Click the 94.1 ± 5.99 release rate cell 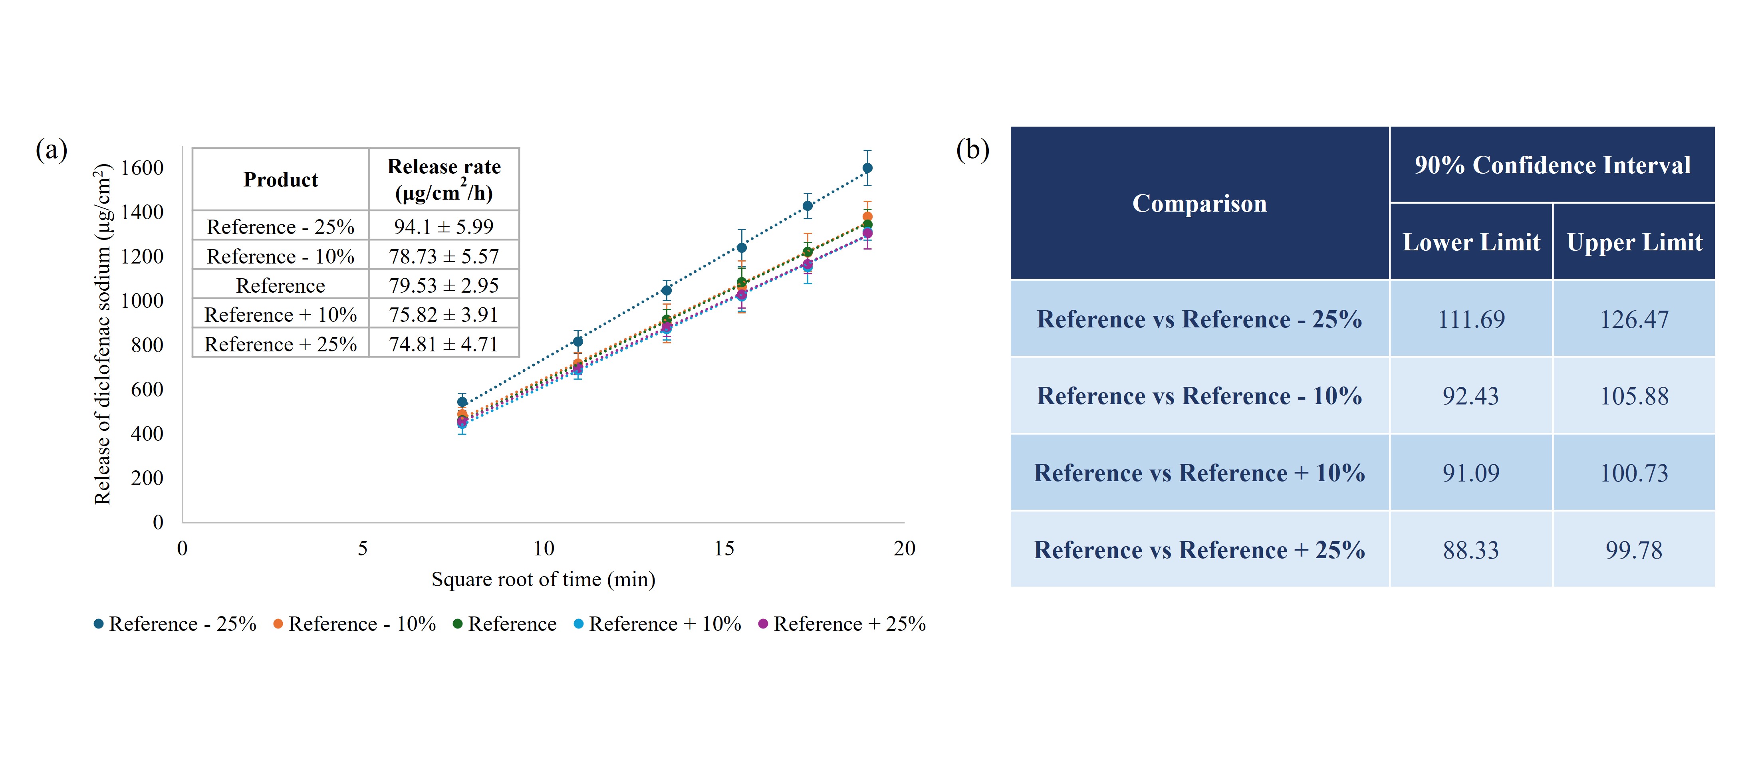(443, 226)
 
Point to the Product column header (281, 180)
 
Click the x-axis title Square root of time (543, 579)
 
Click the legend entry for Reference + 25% (842, 624)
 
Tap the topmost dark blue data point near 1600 (867, 168)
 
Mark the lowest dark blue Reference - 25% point (462, 402)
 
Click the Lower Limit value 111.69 (1471, 319)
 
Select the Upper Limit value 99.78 (1634, 550)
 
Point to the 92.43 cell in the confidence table (1471, 396)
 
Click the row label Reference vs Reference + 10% (1199, 473)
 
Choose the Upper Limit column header (1634, 242)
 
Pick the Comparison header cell (1199, 203)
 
